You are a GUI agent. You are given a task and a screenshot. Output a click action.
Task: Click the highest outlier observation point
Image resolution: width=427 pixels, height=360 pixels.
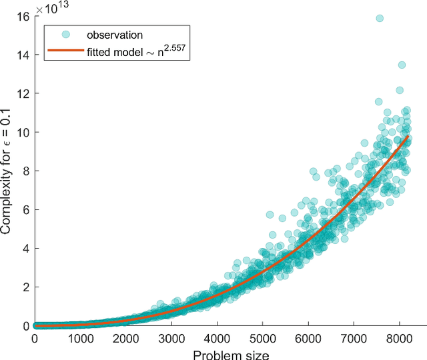point(380,19)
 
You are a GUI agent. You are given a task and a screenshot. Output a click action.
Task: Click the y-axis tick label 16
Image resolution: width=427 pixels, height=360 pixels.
point(23,16)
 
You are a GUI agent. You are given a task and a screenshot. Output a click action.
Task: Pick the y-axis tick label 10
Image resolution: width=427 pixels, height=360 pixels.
point(23,132)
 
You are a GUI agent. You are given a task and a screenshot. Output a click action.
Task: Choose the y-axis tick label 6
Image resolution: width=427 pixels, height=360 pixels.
point(26,209)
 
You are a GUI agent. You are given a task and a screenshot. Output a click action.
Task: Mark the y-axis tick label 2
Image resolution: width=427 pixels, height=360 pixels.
point(26,287)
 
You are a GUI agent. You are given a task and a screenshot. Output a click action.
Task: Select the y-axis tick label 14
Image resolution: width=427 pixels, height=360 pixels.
point(23,55)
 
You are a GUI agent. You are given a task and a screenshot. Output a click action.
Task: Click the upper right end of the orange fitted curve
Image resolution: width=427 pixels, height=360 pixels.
point(408,137)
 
